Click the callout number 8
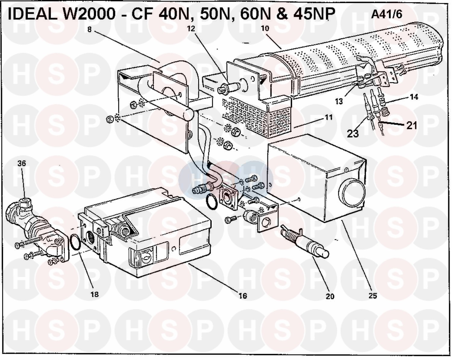[89, 30]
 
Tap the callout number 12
[191, 29]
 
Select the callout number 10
[265, 29]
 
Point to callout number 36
[22, 163]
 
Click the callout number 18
[94, 294]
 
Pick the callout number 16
[243, 296]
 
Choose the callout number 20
[330, 296]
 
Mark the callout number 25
[373, 296]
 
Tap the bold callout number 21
[412, 125]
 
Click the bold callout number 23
[353, 133]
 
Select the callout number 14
[414, 97]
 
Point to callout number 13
[339, 101]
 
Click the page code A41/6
[387, 14]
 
